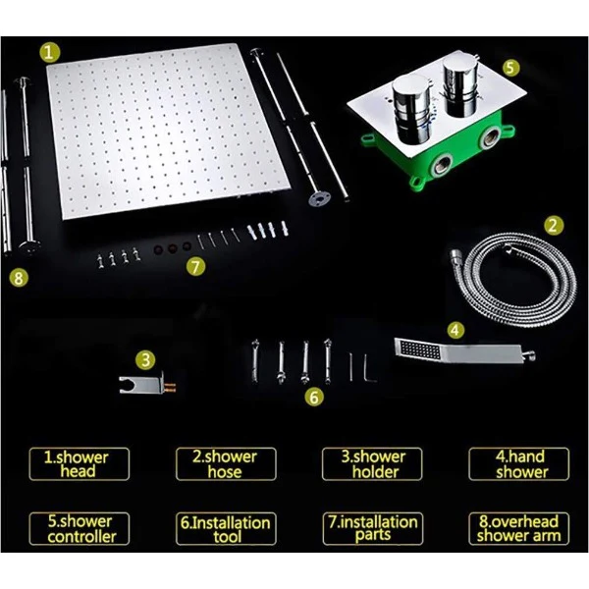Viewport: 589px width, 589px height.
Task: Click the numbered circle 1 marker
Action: pyautogui.click(x=49, y=52)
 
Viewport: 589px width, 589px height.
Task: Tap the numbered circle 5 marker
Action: pyautogui.click(x=510, y=68)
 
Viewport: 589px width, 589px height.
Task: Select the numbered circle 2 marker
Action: pyautogui.click(x=554, y=226)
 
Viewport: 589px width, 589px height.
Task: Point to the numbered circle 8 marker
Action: pyautogui.click(x=19, y=278)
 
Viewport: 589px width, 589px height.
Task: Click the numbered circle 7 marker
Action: pyautogui.click(x=195, y=266)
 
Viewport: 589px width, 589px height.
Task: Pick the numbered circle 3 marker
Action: pyautogui.click(x=145, y=359)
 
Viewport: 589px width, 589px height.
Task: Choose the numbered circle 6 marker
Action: pyautogui.click(x=314, y=397)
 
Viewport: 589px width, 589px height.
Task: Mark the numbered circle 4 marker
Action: pyautogui.click(x=455, y=330)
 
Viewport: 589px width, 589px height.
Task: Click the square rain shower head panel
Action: pyautogui.click(x=168, y=132)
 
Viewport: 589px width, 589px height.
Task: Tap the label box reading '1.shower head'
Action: pyautogui.click(x=80, y=464)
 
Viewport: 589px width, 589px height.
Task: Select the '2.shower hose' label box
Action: pyautogui.click(x=226, y=464)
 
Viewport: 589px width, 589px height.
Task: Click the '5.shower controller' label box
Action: pyautogui.click(x=80, y=528)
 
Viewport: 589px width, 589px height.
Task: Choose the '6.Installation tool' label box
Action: pyautogui.click(x=226, y=528)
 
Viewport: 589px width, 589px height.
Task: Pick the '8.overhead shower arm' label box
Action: pyautogui.click(x=518, y=528)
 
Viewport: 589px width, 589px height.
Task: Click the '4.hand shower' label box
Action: pyautogui.click(x=518, y=464)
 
